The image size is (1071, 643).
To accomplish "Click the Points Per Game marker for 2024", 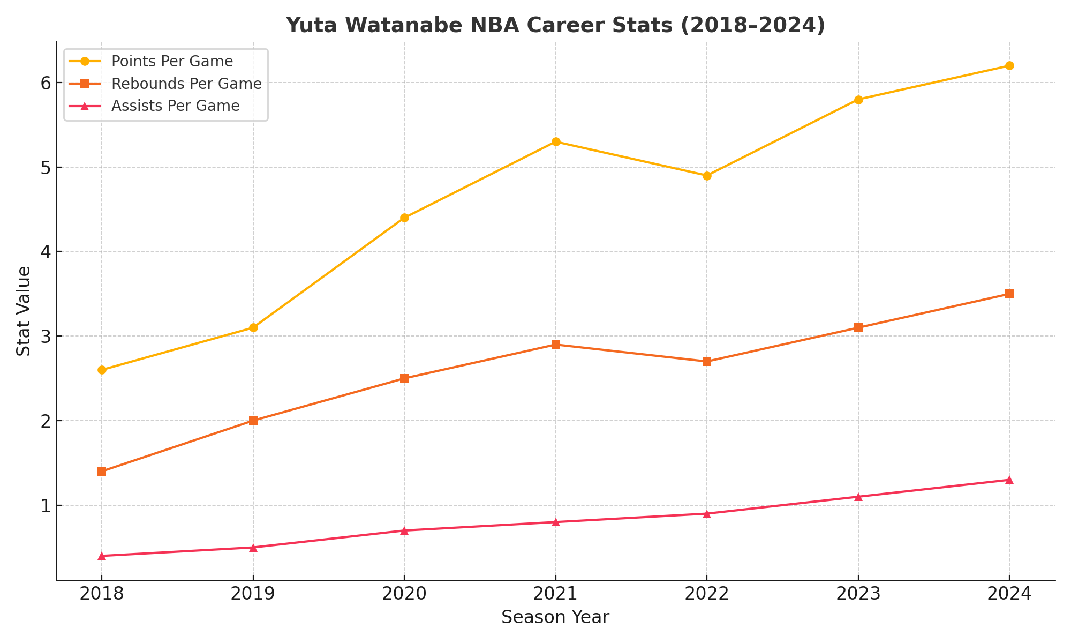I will tap(1009, 66).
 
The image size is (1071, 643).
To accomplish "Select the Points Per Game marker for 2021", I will tap(556, 142).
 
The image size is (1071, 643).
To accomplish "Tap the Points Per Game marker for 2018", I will tap(102, 370).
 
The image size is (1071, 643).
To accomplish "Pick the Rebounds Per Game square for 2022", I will tap(707, 362).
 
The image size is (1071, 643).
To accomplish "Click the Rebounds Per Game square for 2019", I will tap(253, 421).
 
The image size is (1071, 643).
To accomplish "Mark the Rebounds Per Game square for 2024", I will tap(1009, 294).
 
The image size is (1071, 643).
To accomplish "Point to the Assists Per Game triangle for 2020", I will tap(404, 530).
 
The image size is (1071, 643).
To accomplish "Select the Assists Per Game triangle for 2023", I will tap(858, 497).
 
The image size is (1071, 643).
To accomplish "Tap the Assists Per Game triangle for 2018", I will tap(102, 556).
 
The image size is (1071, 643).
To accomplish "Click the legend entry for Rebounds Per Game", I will tap(186, 84).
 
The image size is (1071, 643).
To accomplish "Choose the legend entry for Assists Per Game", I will tap(175, 106).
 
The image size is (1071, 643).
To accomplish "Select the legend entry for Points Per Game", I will tap(172, 61).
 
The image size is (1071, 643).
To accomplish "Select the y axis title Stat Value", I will tap(24, 311).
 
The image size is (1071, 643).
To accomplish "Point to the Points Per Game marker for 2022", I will tap(707, 176).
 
